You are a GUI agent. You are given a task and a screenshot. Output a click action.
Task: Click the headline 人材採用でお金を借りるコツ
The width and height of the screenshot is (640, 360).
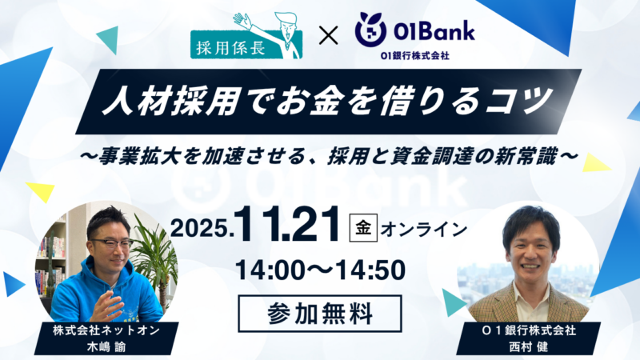point(320,102)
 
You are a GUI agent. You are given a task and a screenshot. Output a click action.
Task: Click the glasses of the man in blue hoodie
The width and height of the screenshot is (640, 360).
point(110,243)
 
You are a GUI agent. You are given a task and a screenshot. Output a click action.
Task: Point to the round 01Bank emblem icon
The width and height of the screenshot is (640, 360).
point(370,29)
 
